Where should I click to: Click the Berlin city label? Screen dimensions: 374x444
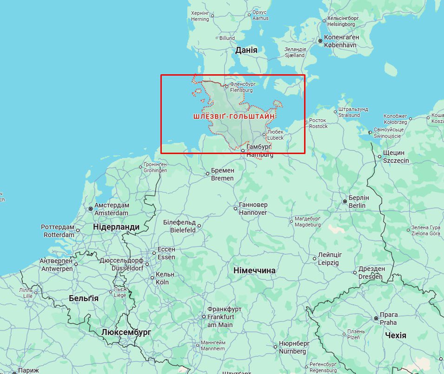pyautogui.click(x=357, y=202)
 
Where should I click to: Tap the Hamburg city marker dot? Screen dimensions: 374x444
pyautogui.click(x=243, y=150)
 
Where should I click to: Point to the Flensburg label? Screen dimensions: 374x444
pyautogui.click(x=242, y=87)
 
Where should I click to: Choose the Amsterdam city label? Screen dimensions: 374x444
pyautogui.click(x=111, y=209)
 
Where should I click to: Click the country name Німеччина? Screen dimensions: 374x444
pyautogui.click(x=254, y=271)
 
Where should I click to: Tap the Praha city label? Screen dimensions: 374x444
pyautogui.click(x=388, y=319)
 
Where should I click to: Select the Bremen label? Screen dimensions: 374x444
pyautogui.click(x=222, y=174)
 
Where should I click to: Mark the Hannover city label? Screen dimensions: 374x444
pyautogui.click(x=253, y=209)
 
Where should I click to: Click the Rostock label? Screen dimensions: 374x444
pyautogui.click(x=318, y=123)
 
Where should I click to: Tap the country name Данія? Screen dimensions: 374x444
pyautogui.click(x=246, y=50)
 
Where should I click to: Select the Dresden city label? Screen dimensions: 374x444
pyautogui.click(x=371, y=273)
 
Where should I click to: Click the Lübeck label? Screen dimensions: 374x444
pyautogui.click(x=276, y=135)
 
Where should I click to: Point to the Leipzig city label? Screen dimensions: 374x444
pyautogui.click(x=330, y=259)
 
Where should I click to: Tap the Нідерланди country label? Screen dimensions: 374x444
pyautogui.click(x=116, y=227)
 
